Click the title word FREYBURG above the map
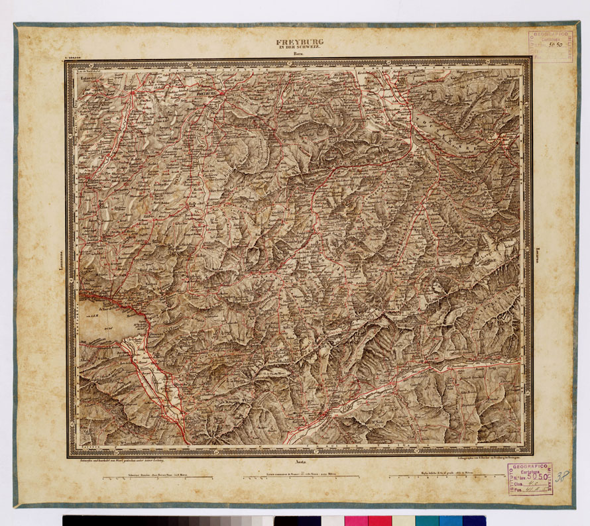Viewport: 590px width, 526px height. point(300,42)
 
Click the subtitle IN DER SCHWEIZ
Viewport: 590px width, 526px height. point(300,48)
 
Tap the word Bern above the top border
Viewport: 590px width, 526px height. point(300,54)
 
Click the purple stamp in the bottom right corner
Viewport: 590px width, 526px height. point(530,478)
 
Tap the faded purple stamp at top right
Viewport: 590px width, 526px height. point(550,46)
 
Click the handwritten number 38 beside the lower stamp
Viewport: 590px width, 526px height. point(562,476)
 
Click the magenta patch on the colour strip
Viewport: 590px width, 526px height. point(356,521)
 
